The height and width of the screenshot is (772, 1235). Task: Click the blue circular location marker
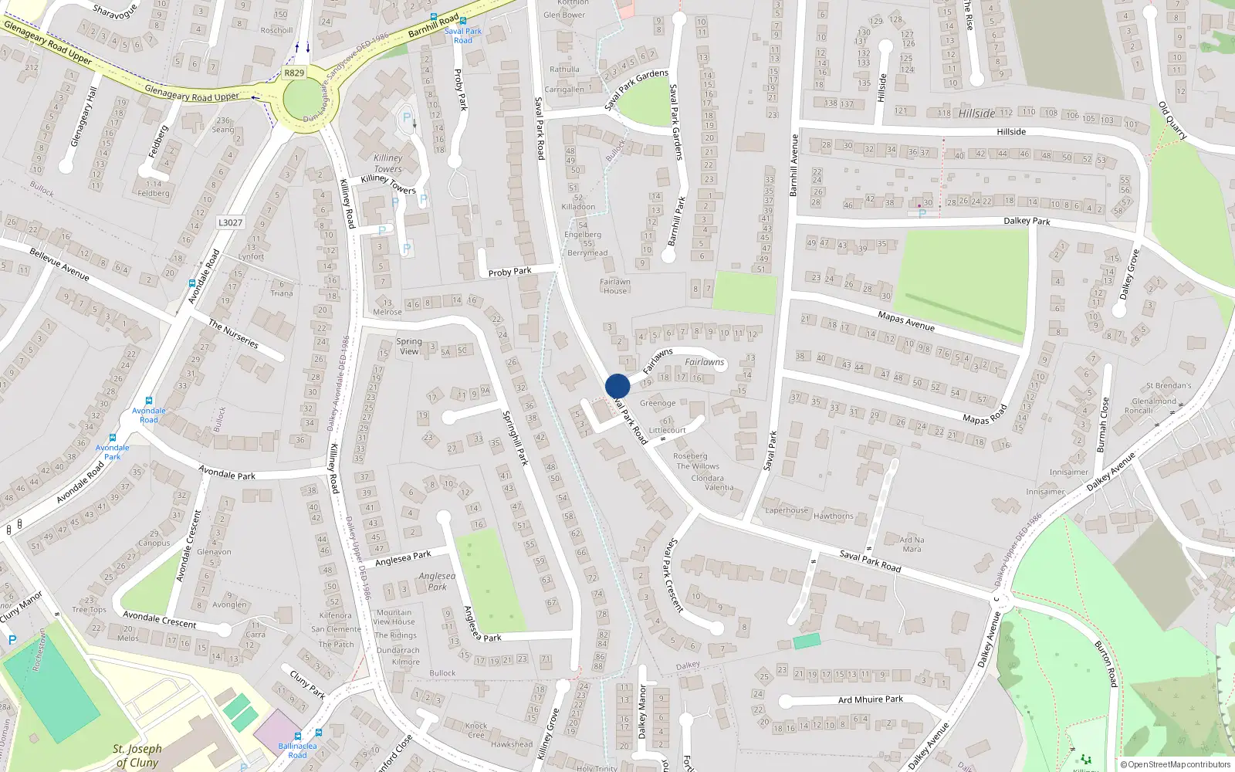click(617, 386)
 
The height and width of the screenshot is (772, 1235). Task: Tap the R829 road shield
click(294, 73)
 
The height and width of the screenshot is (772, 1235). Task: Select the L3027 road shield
click(230, 222)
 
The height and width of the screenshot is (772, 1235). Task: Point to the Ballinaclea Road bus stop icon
click(297, 736)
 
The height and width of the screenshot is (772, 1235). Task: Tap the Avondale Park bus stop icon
click(113, 438)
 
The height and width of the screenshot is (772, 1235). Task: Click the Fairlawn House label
click(615, 286)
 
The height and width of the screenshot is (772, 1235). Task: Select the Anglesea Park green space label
click(437, 581)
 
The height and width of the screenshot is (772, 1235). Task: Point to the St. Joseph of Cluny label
click(137, 755)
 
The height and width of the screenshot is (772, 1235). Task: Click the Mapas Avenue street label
click(906, 321)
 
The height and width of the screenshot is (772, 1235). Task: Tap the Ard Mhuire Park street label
click(871, 699)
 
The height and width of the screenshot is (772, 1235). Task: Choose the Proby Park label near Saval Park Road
click(509, 272)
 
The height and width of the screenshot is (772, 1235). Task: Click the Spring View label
click(409, 346)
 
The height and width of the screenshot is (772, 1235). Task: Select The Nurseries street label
click(233, 334)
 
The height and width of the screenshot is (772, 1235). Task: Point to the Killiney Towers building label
click(387, 163)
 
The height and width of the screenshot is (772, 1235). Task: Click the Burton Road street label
click(1106, 663)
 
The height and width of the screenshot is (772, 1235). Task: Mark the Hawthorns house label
click(834, 516)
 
